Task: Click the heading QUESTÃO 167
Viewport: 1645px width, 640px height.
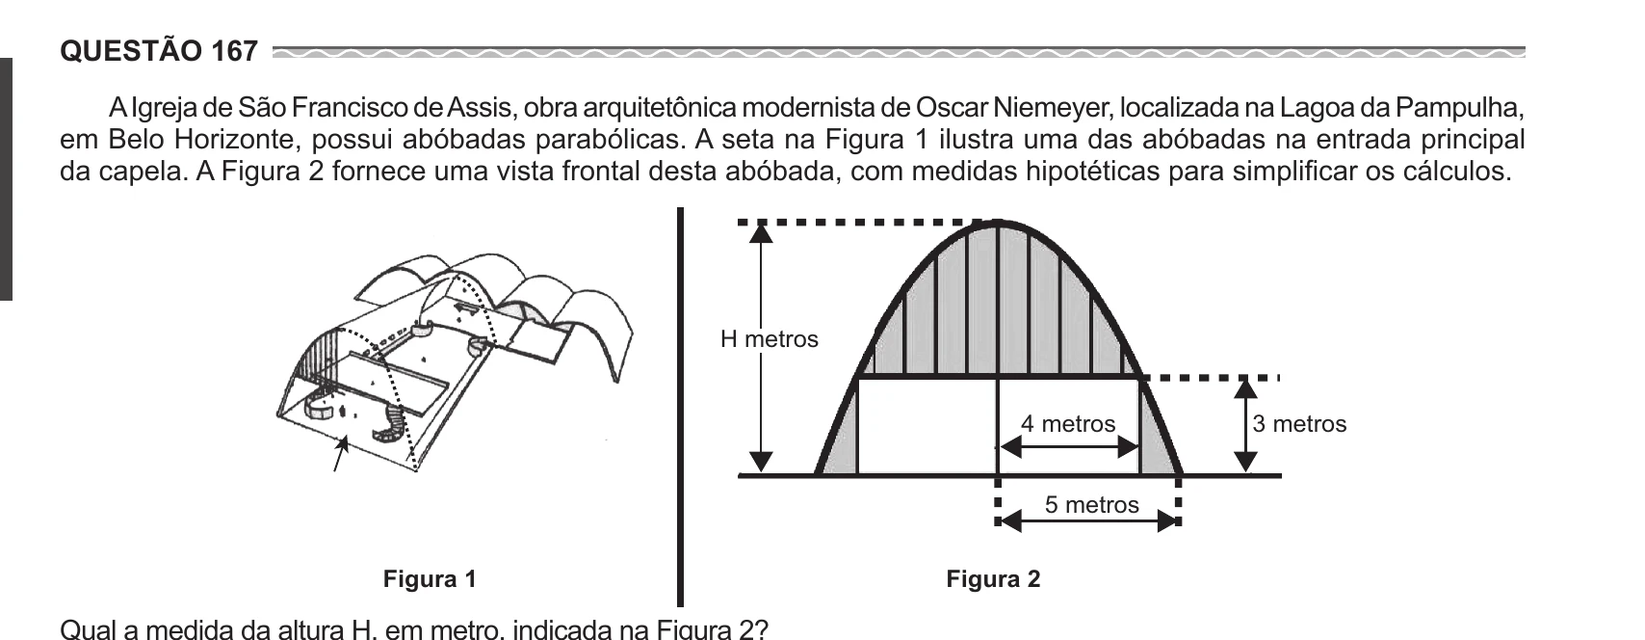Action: [x=159, y=51]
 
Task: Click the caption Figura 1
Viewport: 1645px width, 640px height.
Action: [x=430, y=579]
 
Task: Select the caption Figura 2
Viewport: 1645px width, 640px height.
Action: [x=993, y=579]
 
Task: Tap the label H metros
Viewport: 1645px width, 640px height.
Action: [x=769, y=338]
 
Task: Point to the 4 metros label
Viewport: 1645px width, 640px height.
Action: [x=1068, y=423]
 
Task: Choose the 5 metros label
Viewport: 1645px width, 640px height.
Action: [x=1092, y=505]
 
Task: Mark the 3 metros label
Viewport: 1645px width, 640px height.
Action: [x=1299, y=424]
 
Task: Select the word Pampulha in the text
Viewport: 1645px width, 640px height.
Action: [x=1459, y=108]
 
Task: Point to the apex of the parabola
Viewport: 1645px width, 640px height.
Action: [x=997, y=221]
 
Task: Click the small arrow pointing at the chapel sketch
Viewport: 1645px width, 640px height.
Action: [x=339, y=453]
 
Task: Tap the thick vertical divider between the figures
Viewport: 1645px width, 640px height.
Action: [x=680, y=407]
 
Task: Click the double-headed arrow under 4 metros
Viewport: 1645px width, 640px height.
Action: [x=1069, y=447]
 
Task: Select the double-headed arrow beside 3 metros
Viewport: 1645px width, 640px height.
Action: [x=1245, y=426]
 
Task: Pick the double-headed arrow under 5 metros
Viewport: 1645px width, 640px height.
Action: [x=1090, y=521]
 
